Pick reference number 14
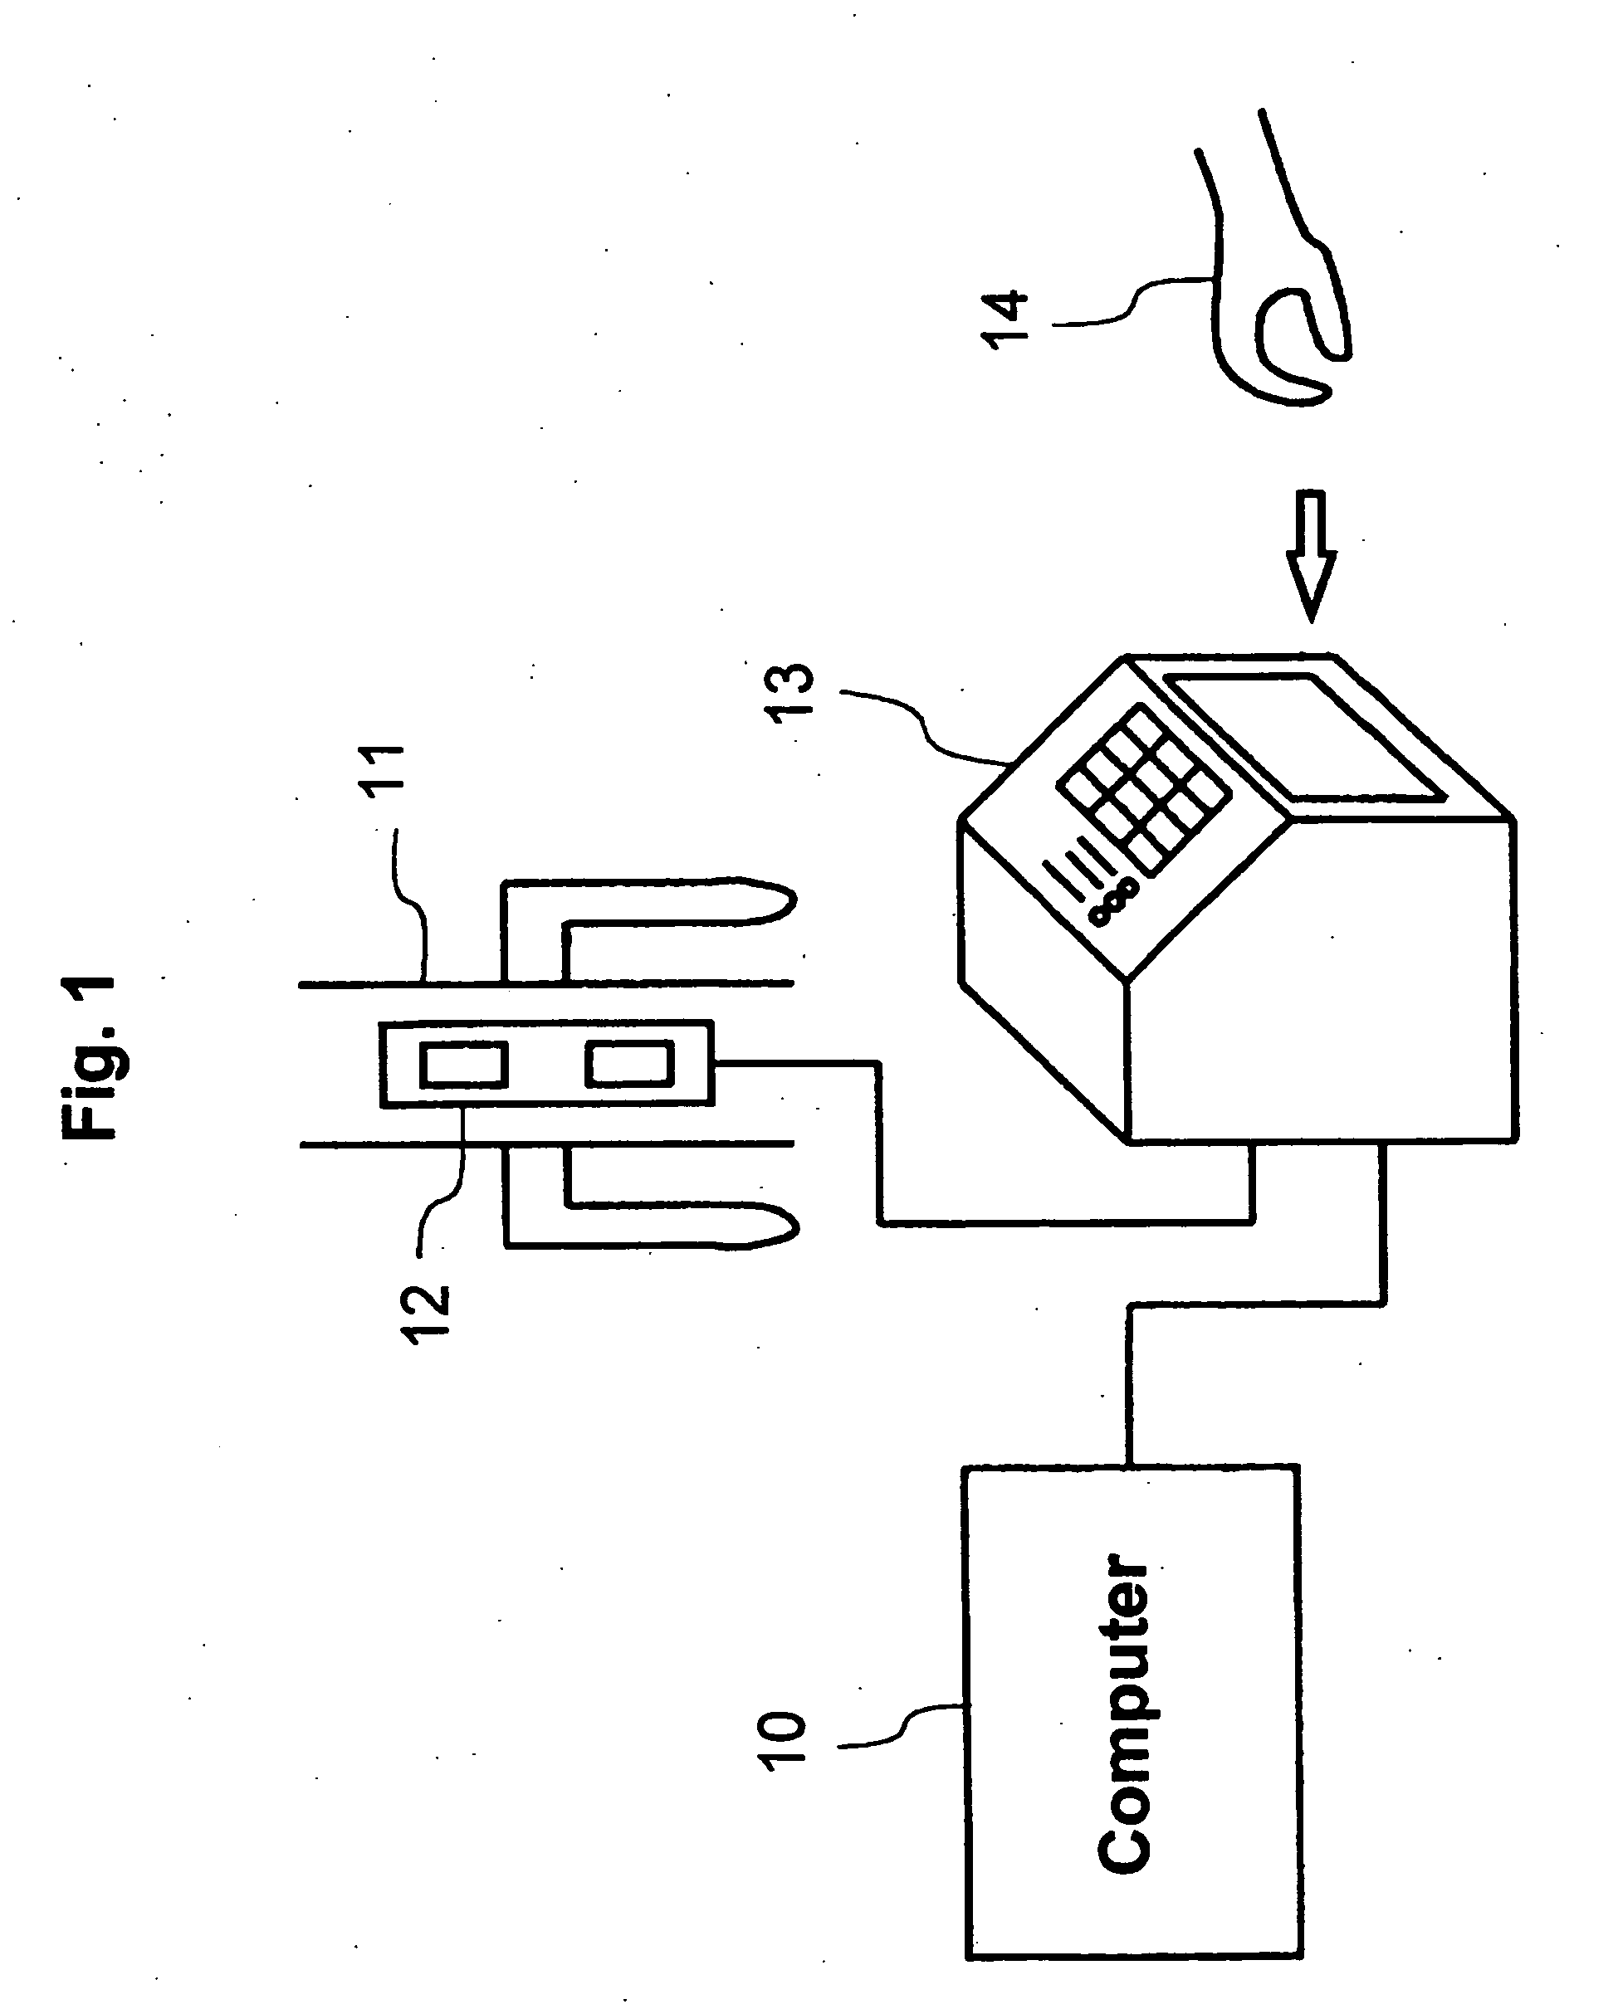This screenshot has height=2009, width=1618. click(1005, 319)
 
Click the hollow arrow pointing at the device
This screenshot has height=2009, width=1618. click(1311, 553)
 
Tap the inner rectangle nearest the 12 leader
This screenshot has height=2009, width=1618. click(463, 1065)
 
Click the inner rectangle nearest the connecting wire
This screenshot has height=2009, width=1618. click(629, 1065)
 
